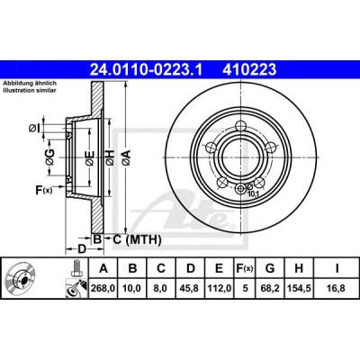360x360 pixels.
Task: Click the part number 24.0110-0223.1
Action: pyautogui.click(x=147, y=70)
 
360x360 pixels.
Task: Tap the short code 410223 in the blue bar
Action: pyautogui.click(x=249, y=70)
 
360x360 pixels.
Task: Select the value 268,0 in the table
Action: pyautogui.click(x=103, y=289)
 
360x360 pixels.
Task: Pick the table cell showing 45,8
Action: pyautogui.click(x=191, y=289)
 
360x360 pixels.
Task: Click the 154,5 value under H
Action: pyautogui.click(x=299, y=289)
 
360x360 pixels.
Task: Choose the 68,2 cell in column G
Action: pyautogui.click(x=270, y=289)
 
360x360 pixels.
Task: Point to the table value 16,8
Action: pyautogui.click(x=337, y=289)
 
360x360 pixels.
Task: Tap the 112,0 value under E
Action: pyautogui.click(x=220, y=289)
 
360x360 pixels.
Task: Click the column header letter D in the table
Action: pyautogui.click(x=191, y=268)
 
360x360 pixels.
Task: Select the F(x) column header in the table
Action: pyautogui.click(x=245, y=268)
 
